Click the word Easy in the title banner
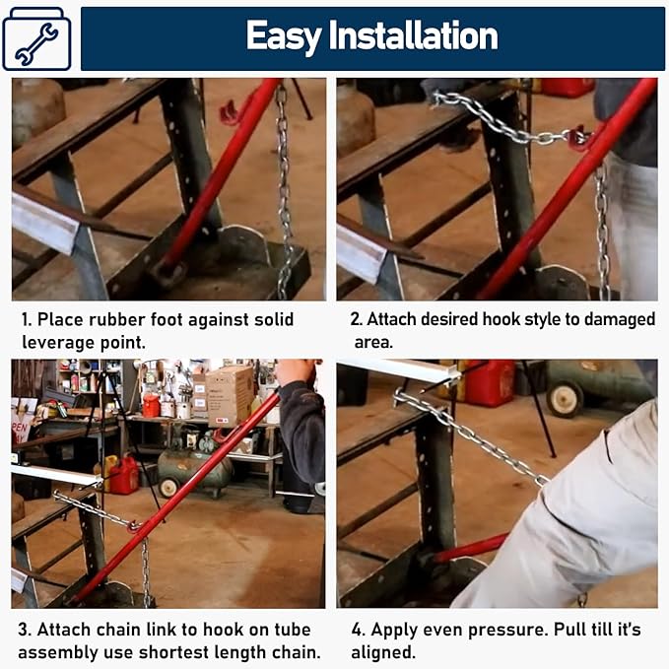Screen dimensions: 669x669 284,36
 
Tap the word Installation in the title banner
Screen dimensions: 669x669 413,35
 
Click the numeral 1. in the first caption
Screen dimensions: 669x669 27,319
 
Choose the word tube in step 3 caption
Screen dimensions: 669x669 293,630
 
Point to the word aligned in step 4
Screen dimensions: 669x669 383,653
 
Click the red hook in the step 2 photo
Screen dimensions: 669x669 578,135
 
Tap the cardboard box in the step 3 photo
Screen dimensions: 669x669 230,396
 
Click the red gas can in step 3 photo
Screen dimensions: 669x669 124,475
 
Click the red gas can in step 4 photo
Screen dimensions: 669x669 490,382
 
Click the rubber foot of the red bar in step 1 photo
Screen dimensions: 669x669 167,274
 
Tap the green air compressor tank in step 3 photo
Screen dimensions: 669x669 194,468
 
